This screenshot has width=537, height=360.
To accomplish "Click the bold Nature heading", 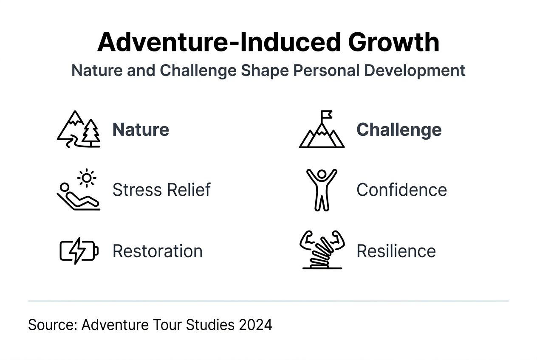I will pos(141,129).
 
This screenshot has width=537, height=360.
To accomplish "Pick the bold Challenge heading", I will pos(399,129).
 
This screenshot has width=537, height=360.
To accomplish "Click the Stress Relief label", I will pos(161,190).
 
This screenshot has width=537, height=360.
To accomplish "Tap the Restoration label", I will pos(157,251).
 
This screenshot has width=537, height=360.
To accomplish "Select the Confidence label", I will pos(401,190).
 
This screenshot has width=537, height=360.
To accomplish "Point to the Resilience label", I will pos(396,251).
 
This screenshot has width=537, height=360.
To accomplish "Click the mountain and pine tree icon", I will pos(79,129).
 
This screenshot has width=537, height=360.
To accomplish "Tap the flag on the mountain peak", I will pos(326,115).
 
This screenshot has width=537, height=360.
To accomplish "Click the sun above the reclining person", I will pos(87,177).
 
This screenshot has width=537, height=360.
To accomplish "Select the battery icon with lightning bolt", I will pos(79,251).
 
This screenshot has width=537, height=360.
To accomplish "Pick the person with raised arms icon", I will pos(322,189).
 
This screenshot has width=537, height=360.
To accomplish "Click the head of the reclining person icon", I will pos(65,187).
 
